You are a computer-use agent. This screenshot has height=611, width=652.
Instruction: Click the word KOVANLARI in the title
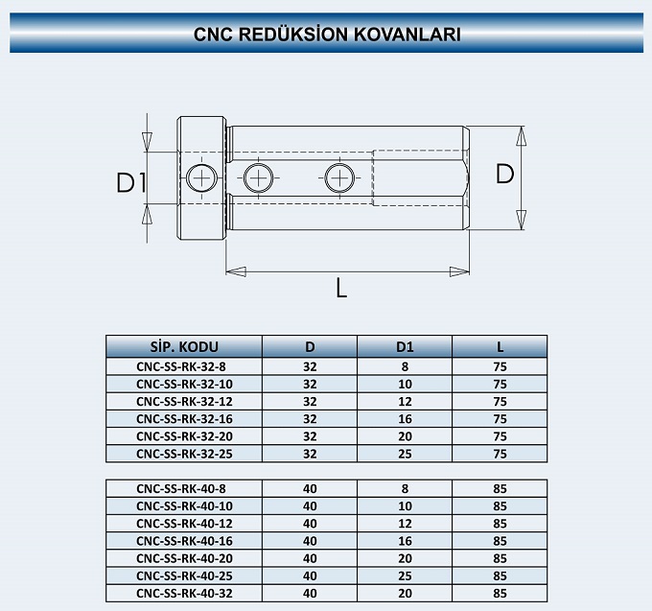[407, 35]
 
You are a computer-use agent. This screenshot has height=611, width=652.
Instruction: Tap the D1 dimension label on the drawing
[131, 182]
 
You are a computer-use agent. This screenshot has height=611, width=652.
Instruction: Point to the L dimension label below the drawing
[341, 288]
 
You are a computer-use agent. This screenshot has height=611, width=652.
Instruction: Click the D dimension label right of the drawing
[504, 174]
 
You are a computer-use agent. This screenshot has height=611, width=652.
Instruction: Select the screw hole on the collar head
[201, 178]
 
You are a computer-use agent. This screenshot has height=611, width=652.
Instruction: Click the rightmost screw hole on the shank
[339, 178]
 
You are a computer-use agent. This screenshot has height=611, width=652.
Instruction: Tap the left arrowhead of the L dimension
[235, 271]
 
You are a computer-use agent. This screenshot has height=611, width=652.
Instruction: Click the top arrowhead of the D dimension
[521, 135]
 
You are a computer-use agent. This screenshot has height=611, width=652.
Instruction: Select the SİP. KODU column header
[184, 347]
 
